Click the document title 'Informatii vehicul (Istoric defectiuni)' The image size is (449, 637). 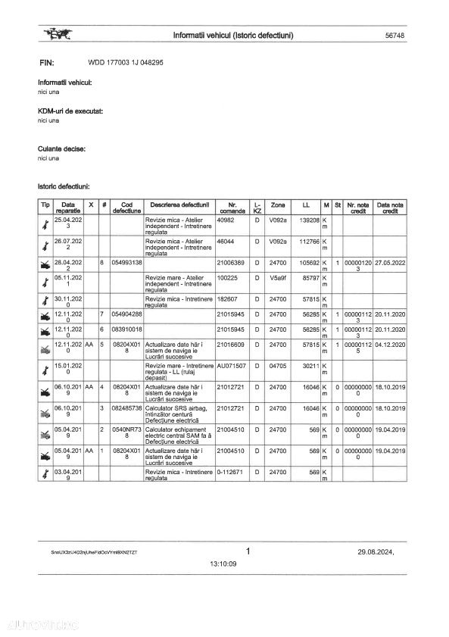[233, 36]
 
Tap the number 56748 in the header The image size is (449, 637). [394, 36]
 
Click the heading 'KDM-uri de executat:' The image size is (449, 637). [70, 111]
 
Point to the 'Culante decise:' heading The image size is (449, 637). [61, 149]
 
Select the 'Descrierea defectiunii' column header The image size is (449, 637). [179, 205]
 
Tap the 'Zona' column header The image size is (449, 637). [278, 205]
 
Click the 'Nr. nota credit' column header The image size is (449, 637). [358, 208]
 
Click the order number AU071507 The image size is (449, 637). [232, 366]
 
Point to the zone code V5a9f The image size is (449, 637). [278, 278]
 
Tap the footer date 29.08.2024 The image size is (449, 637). [376, 552]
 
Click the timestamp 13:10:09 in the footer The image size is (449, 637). [223, 564]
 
